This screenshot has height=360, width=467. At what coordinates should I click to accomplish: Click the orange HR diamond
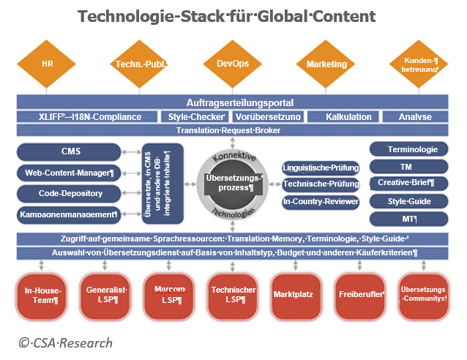pos(48,64)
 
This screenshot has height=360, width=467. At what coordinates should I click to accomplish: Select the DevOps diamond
pos(233,64)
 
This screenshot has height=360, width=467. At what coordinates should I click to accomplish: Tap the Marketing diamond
pos(326,64)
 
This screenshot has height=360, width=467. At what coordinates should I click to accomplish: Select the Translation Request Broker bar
pos(233,130)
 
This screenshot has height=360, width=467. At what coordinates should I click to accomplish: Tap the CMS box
pos(70,152)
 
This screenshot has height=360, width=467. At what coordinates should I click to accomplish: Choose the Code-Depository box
pos(70,194)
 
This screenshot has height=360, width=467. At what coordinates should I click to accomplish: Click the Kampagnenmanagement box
pos(70,215)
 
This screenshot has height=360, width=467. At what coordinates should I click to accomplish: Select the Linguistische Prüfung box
pos(320,168)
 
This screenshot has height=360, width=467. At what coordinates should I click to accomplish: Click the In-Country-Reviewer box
pos(320,200)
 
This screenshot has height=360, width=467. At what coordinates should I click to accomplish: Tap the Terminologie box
pos(408,149)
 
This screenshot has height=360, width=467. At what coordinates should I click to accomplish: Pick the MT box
pos(408,219)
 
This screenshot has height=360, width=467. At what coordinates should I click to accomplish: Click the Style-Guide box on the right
pos(408,201)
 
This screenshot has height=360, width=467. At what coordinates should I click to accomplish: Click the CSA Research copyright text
pos(65,342)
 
